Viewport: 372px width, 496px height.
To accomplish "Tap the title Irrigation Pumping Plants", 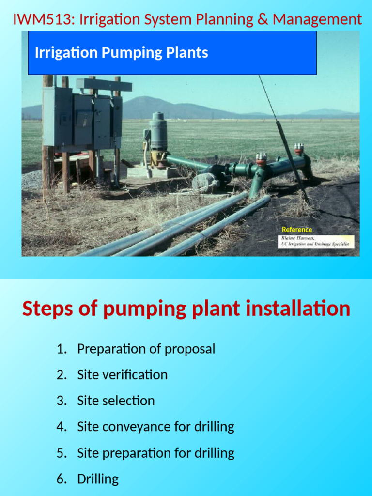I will (121, 53).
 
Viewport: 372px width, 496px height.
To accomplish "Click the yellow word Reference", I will (297, 230).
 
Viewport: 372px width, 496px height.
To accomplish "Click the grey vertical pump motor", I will (158, 131).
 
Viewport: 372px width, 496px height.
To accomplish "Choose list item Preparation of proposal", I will (146, 349).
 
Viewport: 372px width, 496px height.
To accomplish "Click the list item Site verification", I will (122, 375).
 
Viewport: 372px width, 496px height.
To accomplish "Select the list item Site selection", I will (116, 401).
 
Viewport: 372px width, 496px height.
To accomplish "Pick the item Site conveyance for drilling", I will (155, 427).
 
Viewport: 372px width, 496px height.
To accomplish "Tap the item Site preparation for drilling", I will (155, 453).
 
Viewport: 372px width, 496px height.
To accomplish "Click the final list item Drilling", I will (98, 479).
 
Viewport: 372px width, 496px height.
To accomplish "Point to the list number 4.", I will (61, 427).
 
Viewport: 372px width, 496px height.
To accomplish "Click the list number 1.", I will (61, 349).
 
